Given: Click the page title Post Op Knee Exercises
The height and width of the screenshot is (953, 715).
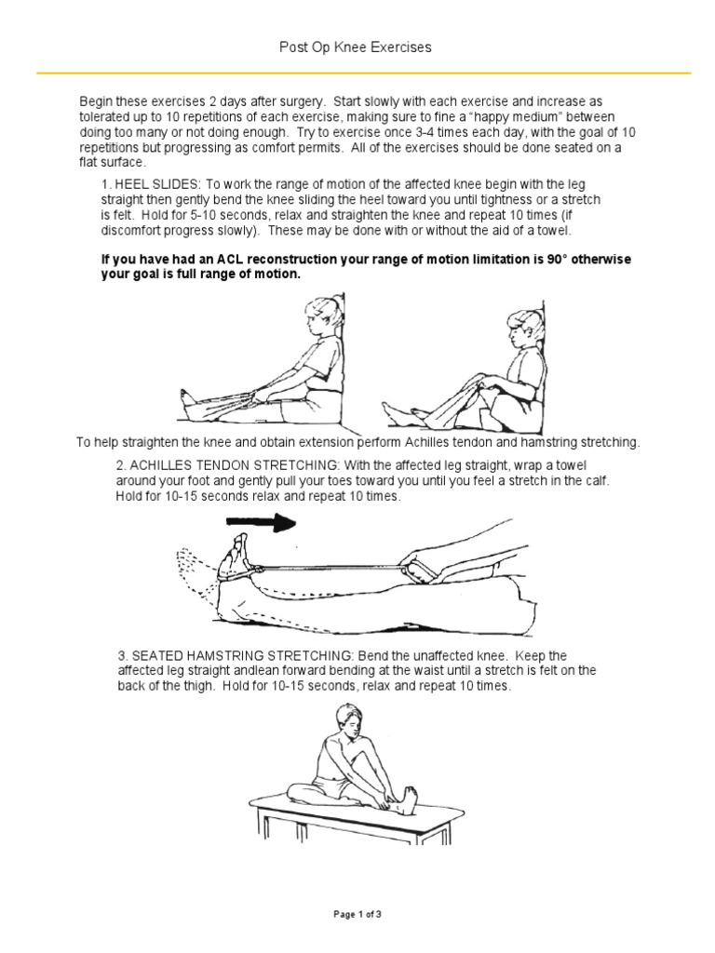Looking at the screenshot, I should pos(357,47).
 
